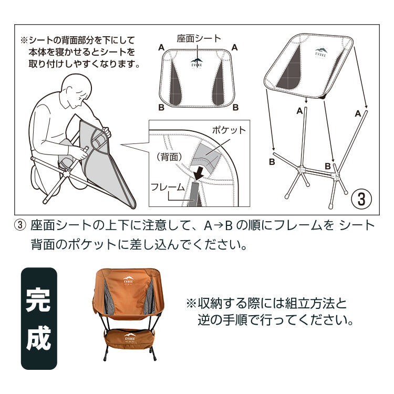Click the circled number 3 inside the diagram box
[x=361, y=199]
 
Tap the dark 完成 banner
[x=39, y=318]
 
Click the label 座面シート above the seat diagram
[x=199, y=38]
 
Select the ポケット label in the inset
[x=229, y=130]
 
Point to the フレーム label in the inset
[x=168, y=187]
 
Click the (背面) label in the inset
[x=169, y=157]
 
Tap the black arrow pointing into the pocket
[x=200, y=173]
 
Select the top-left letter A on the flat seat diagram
[x=162, y=47]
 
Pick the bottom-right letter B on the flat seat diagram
[x=235, y=107]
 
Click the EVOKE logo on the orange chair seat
[x=128, y=280]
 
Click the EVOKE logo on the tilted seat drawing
[x=321, y=53]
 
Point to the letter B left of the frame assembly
[x=272, y=162]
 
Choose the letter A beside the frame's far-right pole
[x=358, y=113]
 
